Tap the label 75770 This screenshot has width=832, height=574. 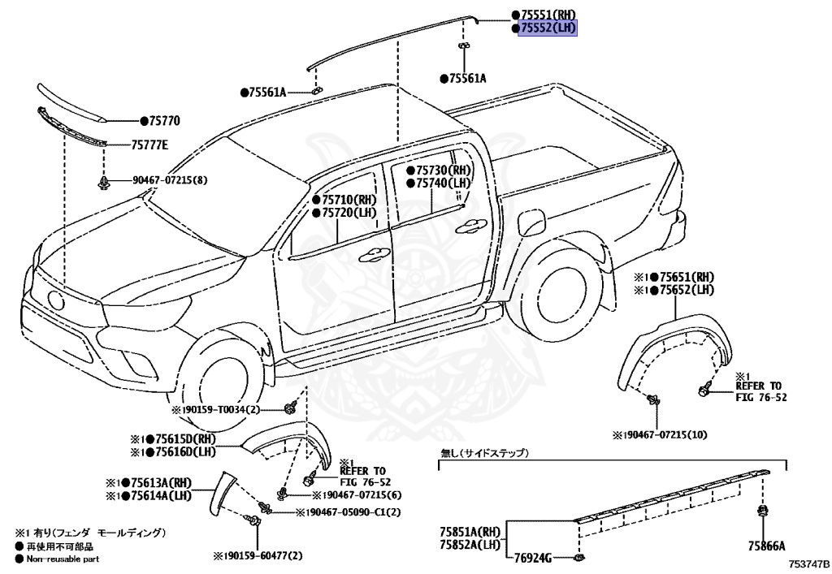pos(163,121)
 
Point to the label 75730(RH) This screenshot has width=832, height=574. pos(443,170)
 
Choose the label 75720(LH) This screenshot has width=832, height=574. pos(349,213)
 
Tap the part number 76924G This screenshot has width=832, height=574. pos(532,558)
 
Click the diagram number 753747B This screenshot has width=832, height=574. pos(807,563)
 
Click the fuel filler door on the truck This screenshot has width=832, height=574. pos(532,219)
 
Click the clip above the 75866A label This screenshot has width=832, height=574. pos(764,511)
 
